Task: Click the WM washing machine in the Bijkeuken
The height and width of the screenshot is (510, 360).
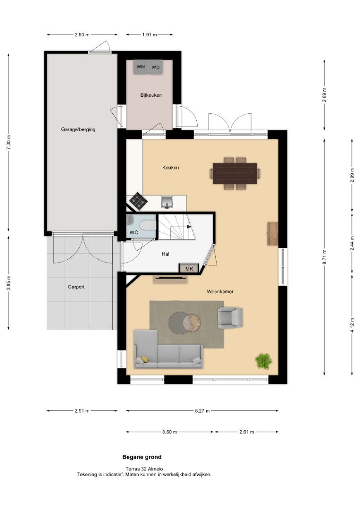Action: [x=141, y=67]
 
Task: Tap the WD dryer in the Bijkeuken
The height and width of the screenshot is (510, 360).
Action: [x=156, y=67]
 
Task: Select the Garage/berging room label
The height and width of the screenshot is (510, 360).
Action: [x=78, y=129]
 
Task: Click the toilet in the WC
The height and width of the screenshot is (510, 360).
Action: [x=148, y=225]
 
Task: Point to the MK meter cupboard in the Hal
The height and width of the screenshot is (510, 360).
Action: [x=189, y=268]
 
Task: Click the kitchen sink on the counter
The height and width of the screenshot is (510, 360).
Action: [x=167, y=202]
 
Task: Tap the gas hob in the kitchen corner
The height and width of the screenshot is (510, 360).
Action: [x=138, y=201]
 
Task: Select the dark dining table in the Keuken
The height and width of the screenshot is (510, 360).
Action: [x=235, y=173]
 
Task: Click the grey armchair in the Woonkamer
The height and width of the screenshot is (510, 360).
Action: [x=230, y=317]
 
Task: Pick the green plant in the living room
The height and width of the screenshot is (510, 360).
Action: [x=263, y=361]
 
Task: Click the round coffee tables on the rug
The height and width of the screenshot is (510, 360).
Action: [x=184, y=323]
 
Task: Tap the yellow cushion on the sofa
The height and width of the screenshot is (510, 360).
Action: [x=144, y=359]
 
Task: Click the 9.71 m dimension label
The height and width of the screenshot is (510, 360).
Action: [x=325, y=256]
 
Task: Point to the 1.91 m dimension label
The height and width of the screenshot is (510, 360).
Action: [x=150, y=35]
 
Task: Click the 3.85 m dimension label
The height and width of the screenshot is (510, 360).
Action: [x=8, y=283]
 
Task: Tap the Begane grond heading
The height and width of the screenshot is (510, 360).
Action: [x=142, y=457]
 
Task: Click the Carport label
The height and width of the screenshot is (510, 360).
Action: [x=76, y=287]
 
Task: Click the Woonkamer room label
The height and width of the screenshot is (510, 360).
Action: [x=220, y=292]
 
